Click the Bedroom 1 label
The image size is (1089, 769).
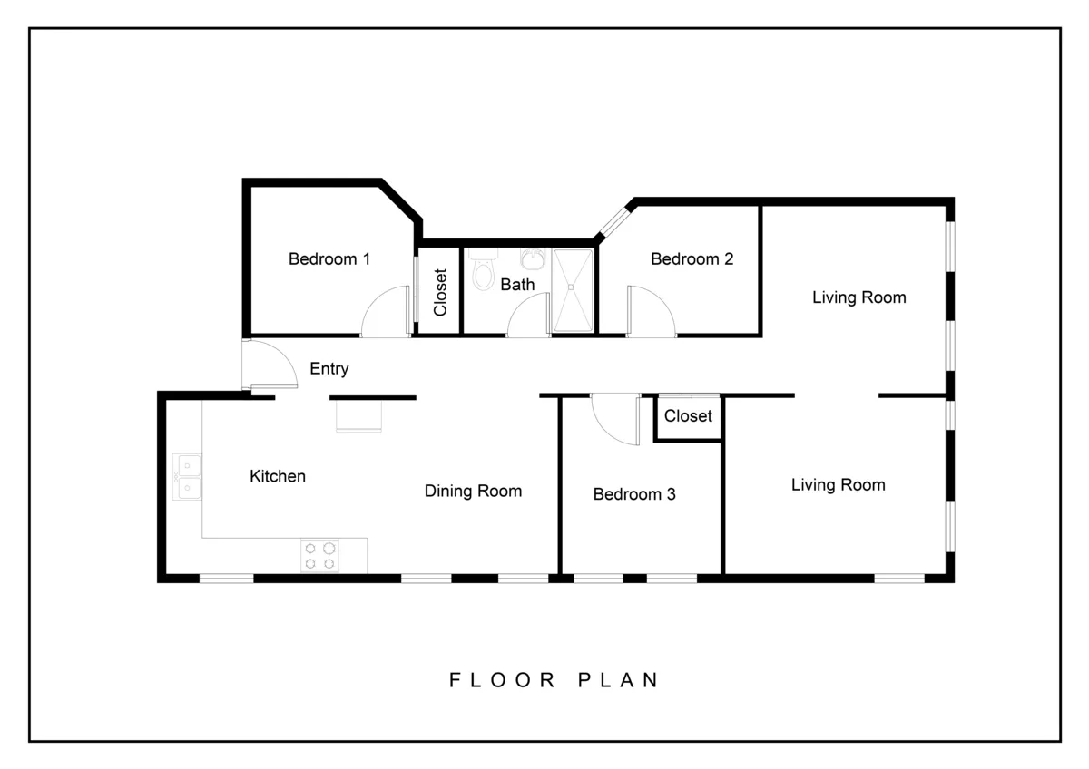(329, 259)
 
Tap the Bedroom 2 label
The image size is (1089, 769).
(692, 259)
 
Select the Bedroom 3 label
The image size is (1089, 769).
(633, 494)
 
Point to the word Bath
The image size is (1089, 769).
(517, 285)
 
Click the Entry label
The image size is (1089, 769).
(329, 369)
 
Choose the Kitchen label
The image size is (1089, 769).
(278, 476)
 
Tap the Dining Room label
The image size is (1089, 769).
(473, 492)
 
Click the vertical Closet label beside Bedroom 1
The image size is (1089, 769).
(441, 292)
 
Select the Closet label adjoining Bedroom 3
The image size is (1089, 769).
(688, 416)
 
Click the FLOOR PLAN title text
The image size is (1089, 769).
(554, 680)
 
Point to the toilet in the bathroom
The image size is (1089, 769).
(483, 270)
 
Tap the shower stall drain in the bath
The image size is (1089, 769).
(572, 287)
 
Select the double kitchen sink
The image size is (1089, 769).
(188, 477)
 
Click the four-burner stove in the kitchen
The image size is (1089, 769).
(319, 555)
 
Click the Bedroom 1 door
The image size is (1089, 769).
(385, 313)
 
